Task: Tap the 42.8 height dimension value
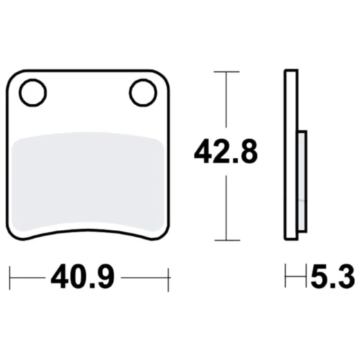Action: pyautogui.click(x=226, y=152)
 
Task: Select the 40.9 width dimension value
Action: pyautogui.click(x=82, y=276)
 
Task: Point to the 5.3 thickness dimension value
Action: pyautogui.click(x=333, y=276)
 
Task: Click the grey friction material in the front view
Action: pyautogui.click(x=88, y=182)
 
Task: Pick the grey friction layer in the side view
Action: pyautogui.click(x=303, y=181)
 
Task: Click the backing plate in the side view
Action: pyautogui.click(x=291, y=154)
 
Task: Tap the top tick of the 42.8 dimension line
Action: pyautogui.click(x=226, y=72)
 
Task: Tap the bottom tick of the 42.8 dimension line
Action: pyautogui.click(x=227, y=240)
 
